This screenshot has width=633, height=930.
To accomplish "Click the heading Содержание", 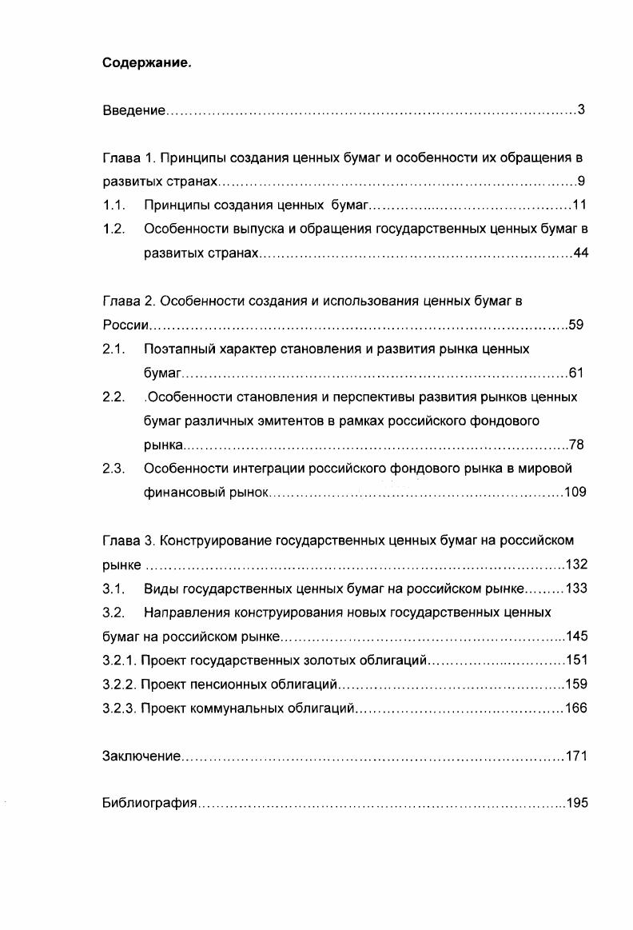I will (147, 63).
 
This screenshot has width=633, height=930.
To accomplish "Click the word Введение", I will (133, 110).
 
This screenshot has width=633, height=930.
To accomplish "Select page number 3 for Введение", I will (581, 110).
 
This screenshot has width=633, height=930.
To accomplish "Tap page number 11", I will (580, 205).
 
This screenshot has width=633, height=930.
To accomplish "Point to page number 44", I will (580, 253).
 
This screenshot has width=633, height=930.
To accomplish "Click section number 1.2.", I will (114, 229).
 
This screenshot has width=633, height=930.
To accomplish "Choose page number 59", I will (576, 325).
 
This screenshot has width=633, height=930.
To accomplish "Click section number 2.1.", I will (114, 349).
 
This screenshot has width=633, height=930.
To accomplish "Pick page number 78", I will (576, 445).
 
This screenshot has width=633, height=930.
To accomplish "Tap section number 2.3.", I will (114, 469).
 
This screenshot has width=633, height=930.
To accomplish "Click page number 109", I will (575, 493).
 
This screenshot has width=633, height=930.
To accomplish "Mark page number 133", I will (576, 589).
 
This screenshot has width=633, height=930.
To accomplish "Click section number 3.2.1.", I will (119, 661).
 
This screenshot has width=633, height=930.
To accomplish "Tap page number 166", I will (575, 708).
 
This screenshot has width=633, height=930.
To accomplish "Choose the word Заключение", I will (141, 756).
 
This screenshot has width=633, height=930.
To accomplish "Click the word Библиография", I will (149, 803).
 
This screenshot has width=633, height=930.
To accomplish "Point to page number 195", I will (576, 803).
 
